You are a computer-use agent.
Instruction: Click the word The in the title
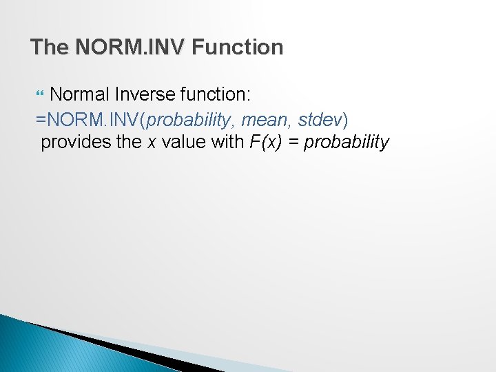(x=50, y=48)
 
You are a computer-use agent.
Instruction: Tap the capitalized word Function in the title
(x=238, y=48)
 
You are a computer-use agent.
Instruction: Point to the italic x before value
(x=152, y=143)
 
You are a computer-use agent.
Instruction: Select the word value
(x=183, y=142)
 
